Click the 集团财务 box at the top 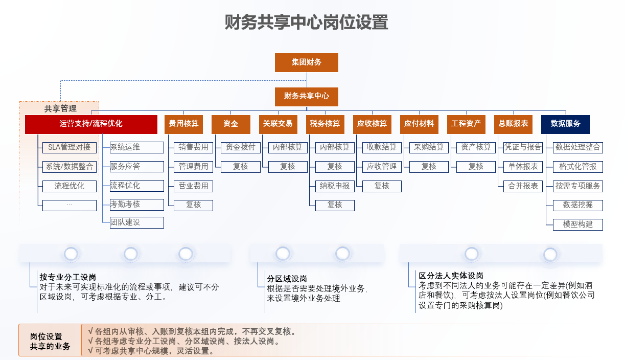click(x=306, y=62)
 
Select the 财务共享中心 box click(x=306, y=97)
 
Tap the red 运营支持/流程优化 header click(x=91, y=124)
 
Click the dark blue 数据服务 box click(x=566, y=124)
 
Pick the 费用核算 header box click(x=183, y=124)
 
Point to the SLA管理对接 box click(x=70, y=147)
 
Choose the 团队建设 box click(x=137, y=222)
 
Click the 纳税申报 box click(x=335, y=186)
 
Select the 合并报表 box click(x=523, y=186)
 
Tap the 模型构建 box click(x=578, y=224)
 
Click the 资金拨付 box click(x=241, y=147)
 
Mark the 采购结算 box click(x=429, y=147)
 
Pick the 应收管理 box click(x=382, y=167)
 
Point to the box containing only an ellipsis click(x=70, y=205)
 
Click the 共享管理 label click(x=60, y=108)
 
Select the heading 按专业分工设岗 click(x=68, y=277)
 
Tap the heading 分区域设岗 click(x=287, y=279)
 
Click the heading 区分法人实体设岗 click(x=451, y=276)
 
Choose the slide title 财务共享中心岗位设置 click(x=306, y=22)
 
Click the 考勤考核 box click(x=137, y=205)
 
